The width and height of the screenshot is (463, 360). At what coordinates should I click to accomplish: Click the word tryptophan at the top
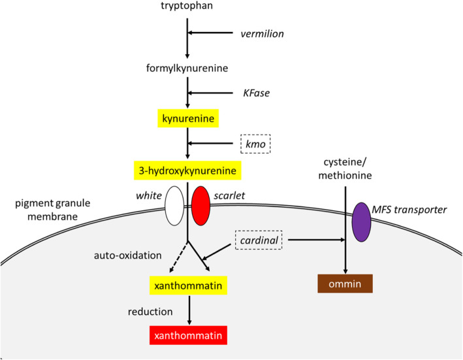tap(187, 7)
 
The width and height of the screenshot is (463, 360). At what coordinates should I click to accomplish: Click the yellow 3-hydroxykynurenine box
tap(187, 171)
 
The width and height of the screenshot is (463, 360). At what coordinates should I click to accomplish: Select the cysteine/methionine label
tap(344, 166)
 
